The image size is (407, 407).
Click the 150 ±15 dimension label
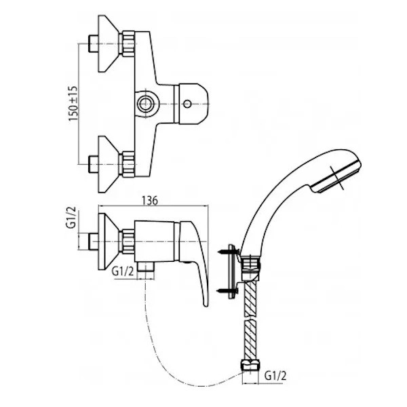coord(73,103)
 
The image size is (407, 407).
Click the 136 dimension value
coord(150,201)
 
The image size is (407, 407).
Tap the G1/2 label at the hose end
coord(275,376)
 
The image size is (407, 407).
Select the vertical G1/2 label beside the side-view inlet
coord(71,217)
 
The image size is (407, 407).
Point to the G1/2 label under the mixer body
coord(123,271)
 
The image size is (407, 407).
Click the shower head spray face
coord(337,177)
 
